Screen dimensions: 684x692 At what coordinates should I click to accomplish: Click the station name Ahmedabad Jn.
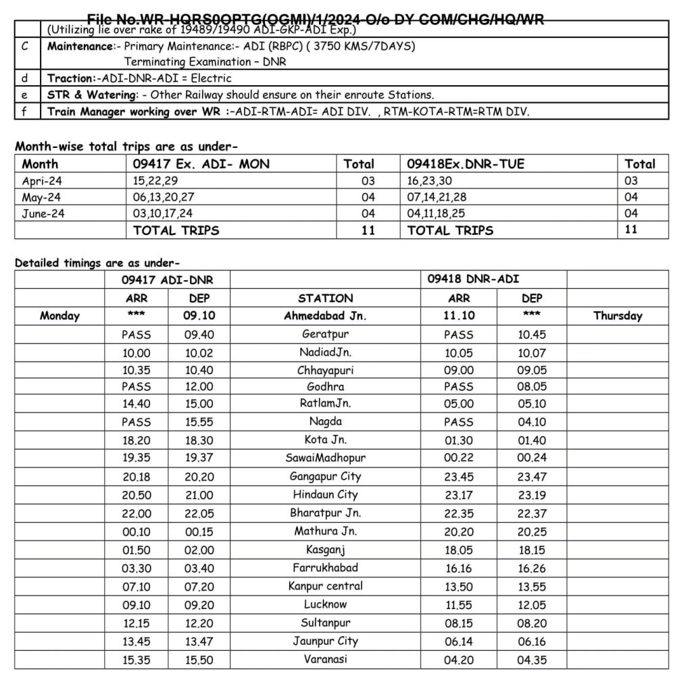[x=325, y=315]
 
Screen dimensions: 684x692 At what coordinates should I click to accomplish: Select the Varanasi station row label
[x=325, y=659]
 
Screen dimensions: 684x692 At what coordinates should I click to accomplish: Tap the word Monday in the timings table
[x=59, y=315]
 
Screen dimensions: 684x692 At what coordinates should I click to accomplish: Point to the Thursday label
[x=618, y=315]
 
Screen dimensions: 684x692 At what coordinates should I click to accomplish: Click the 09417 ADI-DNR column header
[x=157, y=280]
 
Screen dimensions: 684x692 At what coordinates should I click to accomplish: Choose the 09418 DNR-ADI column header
[x=473, y=279]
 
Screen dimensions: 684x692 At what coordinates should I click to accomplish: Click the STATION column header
[x=325, y=298]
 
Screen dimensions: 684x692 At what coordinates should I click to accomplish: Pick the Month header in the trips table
[x=40, y=164]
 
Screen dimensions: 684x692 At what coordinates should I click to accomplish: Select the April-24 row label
[x=41, y=181]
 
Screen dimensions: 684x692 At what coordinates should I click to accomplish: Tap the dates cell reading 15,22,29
[x=155, y=181]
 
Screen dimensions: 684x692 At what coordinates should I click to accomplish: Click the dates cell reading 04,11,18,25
[x=436, y=213]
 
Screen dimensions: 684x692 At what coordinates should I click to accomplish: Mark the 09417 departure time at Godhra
[x=199, y=387]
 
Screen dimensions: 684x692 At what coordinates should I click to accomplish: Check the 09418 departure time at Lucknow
[x=532, y=605]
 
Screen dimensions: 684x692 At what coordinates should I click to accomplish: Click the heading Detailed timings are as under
[x=97, y=263]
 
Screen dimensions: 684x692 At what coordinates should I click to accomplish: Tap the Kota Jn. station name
[x=325, y=440]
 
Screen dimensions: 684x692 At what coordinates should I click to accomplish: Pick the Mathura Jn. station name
[x=325, y=531]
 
